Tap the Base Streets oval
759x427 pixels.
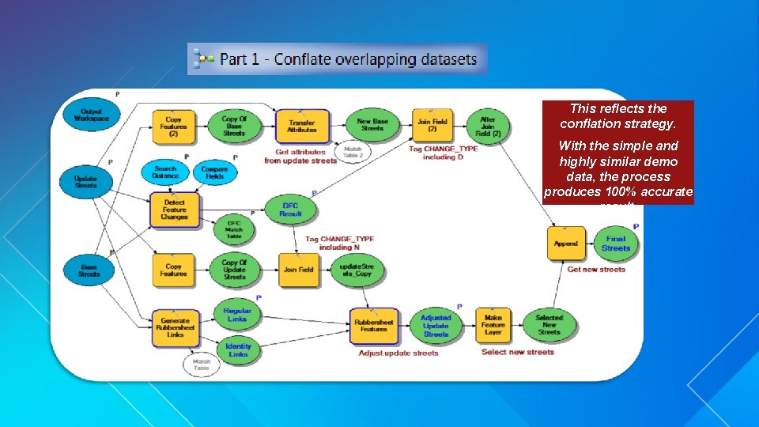pyautogui.click(x=89, y=270)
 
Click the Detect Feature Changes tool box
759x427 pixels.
pyautogui.click(x=174, y=210)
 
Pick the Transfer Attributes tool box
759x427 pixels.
pyautogui.click(x=302, y=127)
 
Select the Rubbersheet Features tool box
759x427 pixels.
pyautogui.click(x=373, y=325)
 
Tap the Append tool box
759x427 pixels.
pyautogui.click(x=566, y=244)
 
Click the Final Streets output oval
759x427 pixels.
pyautogui.click(x=616, y=244)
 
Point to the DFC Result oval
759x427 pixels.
pyautogui.click(x=291, y=209)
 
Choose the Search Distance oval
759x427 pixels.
pyautogui.click(x=165, y=172)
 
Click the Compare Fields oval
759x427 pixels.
pyautogui.click(x=214, y=172)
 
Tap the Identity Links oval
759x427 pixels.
pyautogui.click(x=238, y=350)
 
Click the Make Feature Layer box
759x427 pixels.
pyautogui.click(x=493, y=325)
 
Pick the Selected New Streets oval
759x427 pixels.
pyautogui.click(x=549, y=325)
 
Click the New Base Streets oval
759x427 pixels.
pyautogui.click(x=371, y=125)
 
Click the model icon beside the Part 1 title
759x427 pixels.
pyautogui.click(x=204, y=59)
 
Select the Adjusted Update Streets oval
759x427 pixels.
pyautogui.click(x=436, y=325)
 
